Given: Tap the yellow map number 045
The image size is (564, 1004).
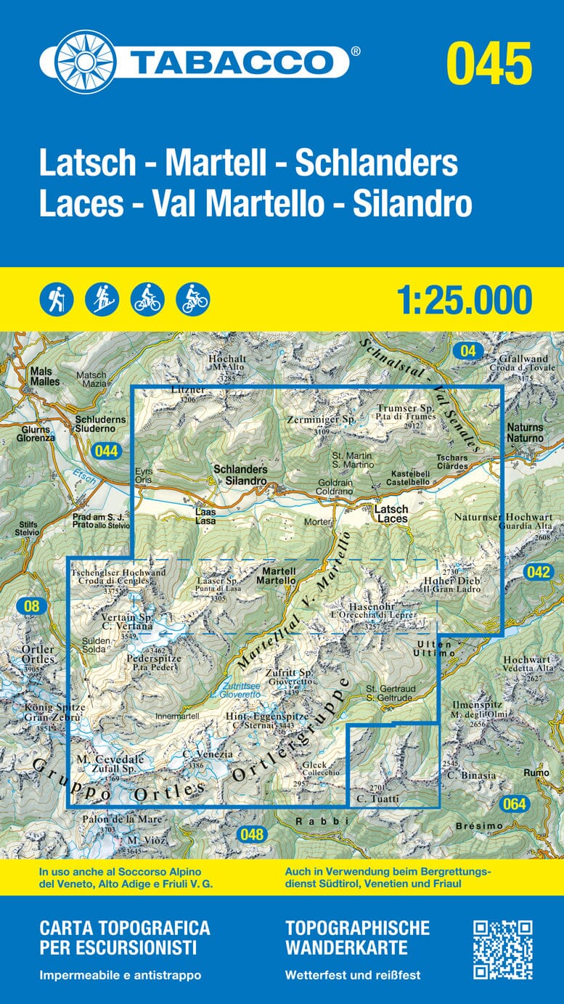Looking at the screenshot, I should (x=489, y=63).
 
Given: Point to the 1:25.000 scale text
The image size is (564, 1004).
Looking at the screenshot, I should (x=465, y=300).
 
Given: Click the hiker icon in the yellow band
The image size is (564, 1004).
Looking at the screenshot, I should (x=57, y=298).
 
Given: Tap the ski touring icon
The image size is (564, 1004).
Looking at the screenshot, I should (x=102, y=298).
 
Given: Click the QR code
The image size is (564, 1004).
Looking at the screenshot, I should (x=503, y=950).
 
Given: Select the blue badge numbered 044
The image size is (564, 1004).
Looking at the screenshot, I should (x=106, y=451).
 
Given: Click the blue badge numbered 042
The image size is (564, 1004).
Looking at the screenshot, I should (x=539, y=572).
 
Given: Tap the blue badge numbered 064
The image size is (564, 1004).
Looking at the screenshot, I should (x=514, y=804).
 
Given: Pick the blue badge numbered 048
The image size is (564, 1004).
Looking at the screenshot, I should (x=252, y=834).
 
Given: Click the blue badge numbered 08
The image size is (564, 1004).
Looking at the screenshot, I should (x=30, y=605).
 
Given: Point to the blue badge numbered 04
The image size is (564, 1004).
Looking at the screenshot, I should (x=469, y=351).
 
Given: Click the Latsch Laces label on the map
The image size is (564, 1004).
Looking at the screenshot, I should (x=391, y=514).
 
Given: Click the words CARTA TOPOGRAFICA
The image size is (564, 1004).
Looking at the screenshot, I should (x=124, y=929).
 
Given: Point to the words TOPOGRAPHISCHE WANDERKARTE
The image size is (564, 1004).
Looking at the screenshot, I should (x=357, y=938).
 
